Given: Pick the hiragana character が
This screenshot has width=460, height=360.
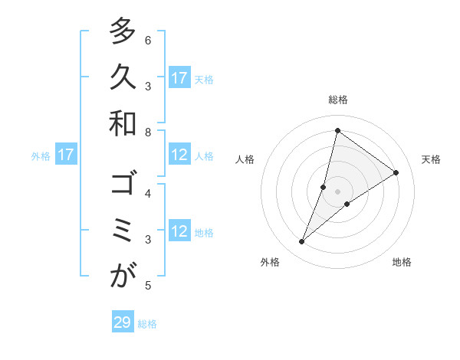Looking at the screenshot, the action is click(123, 277).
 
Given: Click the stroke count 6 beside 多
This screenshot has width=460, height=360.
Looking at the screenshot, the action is click(148, 40).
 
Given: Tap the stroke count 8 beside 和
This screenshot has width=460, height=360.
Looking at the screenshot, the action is click(148, 132).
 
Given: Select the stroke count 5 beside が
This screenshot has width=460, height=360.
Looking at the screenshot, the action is click(148, 286).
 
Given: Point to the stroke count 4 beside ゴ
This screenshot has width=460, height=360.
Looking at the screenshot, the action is click(148, 193).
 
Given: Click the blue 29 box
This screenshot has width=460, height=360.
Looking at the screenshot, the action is click(123, 322).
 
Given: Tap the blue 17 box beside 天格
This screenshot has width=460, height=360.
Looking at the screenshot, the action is click(179, 77).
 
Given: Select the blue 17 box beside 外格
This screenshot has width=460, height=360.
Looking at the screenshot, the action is click(66, 155).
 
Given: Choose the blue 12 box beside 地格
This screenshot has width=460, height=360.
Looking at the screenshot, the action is click(179, 231).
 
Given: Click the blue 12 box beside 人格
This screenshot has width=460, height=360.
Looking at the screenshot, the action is click(179, 155).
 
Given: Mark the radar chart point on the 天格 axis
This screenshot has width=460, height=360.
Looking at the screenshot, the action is click(396, 172).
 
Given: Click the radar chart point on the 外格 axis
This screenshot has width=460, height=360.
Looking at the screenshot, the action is click(302, 242).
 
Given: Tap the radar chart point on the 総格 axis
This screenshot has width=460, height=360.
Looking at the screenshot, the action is click(337, 130).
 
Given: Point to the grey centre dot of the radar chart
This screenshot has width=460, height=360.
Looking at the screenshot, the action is click(337, 191).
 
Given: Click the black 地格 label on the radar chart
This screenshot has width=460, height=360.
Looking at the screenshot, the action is click(402, 262).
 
